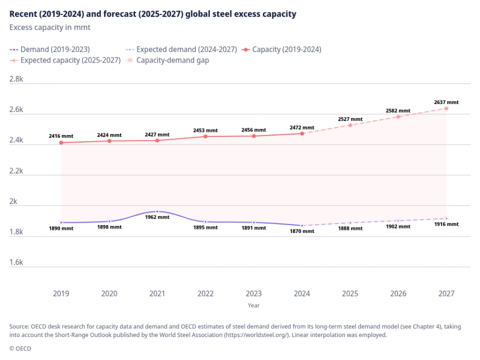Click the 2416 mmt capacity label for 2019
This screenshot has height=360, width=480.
61,135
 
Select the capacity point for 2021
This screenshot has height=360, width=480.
157,140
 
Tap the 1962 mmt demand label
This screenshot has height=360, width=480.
157,218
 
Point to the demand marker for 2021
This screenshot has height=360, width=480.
157,211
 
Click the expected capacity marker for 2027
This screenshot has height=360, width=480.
446,108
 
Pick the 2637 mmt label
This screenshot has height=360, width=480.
446,102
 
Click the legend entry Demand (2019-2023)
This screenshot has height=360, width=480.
49,49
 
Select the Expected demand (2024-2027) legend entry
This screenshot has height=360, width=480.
181,49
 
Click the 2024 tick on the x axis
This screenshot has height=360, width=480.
302,293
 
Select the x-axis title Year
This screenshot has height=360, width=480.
253,305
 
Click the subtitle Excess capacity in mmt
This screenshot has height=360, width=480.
49,27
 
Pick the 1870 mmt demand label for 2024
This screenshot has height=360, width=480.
302,231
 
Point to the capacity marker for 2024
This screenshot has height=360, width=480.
302,133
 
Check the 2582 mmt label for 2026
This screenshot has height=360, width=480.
398,110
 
